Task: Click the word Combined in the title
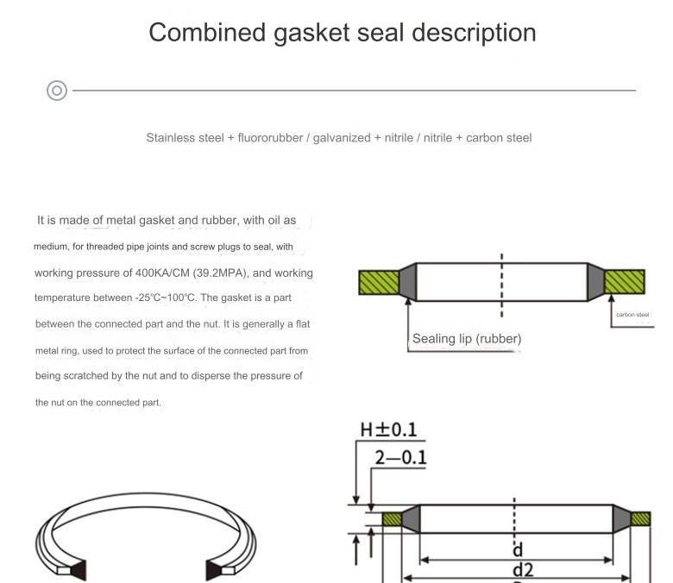207,33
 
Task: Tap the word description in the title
474,34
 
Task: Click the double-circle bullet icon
57,91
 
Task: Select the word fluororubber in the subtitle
270,138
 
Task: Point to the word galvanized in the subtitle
342,138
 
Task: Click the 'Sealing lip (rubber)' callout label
467,339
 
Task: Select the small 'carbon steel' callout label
632,315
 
